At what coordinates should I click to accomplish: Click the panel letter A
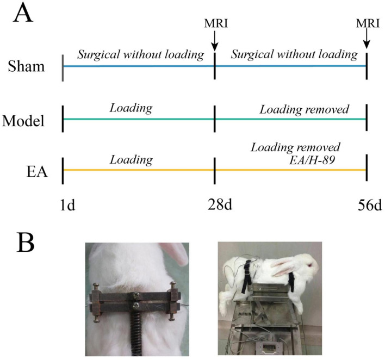point(23,13)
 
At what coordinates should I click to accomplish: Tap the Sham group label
point(26,66)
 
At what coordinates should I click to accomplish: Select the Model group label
point(23,121)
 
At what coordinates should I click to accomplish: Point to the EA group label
point(37,172)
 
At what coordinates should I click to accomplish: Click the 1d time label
point(67,205)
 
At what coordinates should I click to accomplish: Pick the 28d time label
point(220,204)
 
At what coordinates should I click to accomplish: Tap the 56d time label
point(370,205)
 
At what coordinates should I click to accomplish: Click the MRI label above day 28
point(216,23)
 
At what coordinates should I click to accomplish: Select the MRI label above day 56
point(368,23)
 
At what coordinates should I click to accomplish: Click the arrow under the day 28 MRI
point(215,41)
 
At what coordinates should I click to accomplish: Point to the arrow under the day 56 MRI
point(367,39)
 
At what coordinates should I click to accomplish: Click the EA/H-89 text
point(312,160)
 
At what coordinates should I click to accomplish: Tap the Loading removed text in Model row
point(304,109)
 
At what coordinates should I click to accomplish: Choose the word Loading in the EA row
point(131,160)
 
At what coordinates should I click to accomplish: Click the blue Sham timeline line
point(215,66)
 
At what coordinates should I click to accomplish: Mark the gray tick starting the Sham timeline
point(63,68)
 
